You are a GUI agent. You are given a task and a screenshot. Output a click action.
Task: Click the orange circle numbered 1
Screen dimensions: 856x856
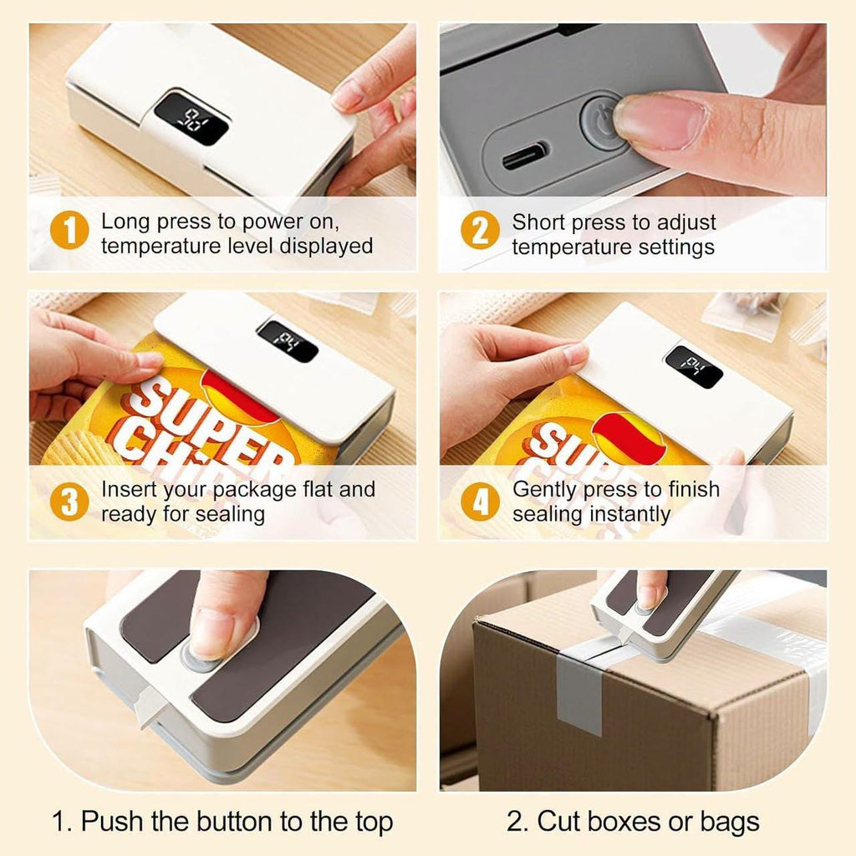coord(69,230)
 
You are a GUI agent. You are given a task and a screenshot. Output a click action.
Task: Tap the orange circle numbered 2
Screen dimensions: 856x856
coord(480,230)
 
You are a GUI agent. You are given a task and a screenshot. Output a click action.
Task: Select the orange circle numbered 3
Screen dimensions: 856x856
coord(69,502)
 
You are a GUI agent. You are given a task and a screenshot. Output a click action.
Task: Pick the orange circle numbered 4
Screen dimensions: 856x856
coord(480,502)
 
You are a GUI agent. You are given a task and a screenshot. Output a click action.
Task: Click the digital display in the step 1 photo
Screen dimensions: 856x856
coord(191,118)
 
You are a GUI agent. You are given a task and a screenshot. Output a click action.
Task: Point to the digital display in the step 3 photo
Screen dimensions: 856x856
coord(288,341)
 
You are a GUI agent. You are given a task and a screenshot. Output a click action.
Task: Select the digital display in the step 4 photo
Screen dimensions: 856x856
coord(694,367)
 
